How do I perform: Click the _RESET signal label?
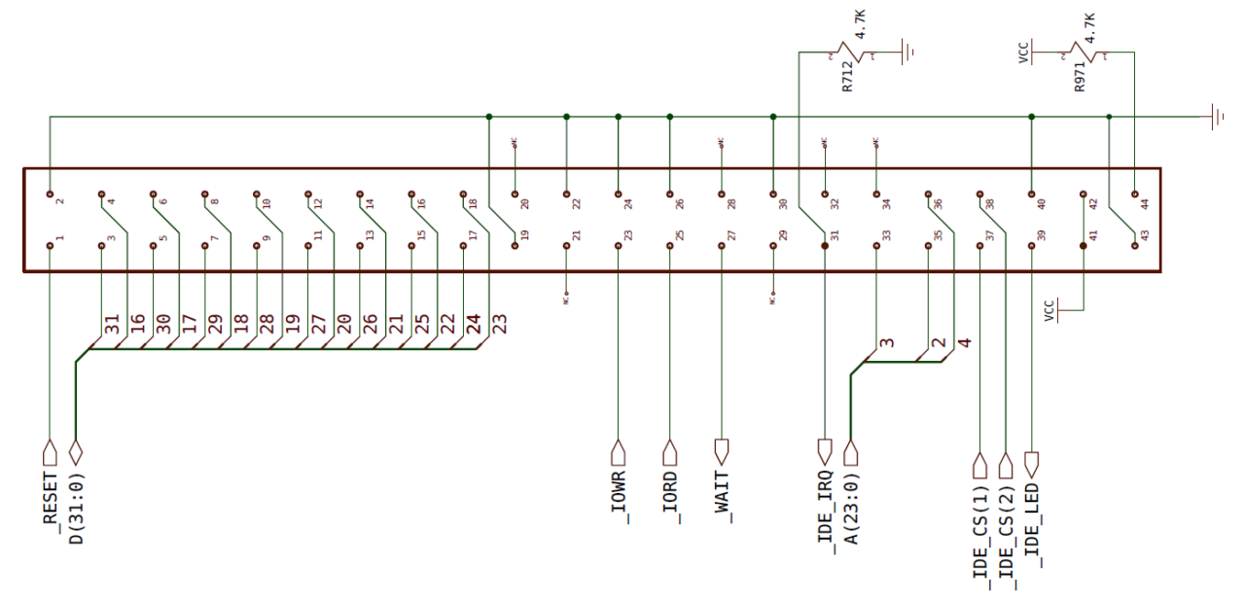click(52, 498)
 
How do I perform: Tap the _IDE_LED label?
click(1032, 525)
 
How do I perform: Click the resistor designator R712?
click(848, 76)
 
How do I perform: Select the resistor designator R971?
click(1081, 76)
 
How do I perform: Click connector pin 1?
click(51, 246)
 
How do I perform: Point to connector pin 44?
click(1135, 195)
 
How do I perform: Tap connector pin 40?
click(1032, 195)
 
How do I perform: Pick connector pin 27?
click(722, 246)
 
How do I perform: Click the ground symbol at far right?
click(1216, 118)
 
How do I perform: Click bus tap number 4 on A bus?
click(963, 342)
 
